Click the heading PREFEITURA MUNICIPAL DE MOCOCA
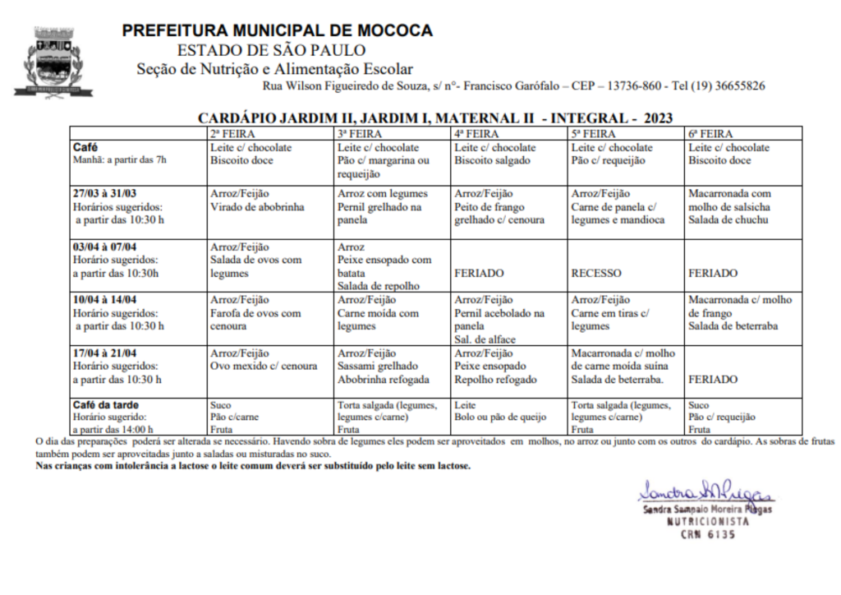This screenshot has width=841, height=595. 277,31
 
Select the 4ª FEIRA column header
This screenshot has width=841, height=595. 476,133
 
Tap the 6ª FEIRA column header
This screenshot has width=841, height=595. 710,133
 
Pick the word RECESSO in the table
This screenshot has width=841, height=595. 597,273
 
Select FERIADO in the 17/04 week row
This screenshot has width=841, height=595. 713,380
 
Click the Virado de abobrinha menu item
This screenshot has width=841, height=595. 257,207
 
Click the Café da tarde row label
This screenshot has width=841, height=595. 106,405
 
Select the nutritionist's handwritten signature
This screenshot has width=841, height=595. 705,492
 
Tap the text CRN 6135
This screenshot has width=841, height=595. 707,534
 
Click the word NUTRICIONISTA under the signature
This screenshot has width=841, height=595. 707,522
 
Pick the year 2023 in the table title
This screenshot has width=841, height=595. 658,118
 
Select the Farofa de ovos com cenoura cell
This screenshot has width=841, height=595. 255,319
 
